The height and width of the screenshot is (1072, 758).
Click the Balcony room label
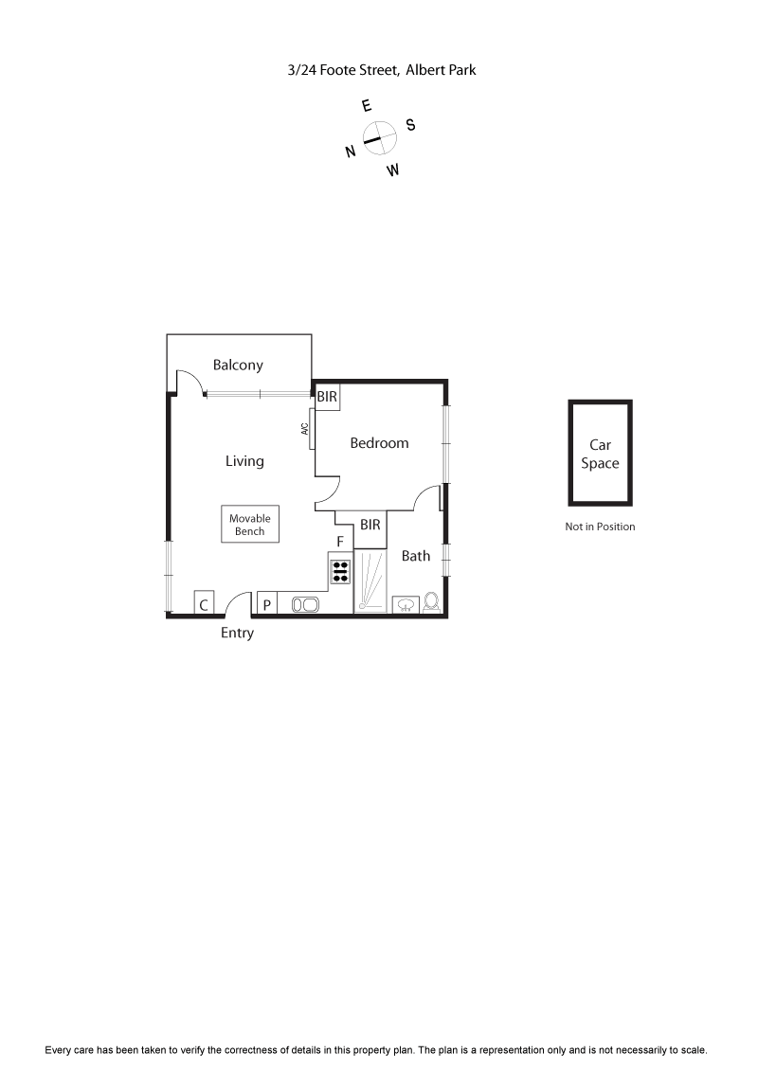pyautogui.click(x=238, y=365)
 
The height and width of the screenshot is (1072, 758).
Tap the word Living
pyautogui.click(x=244, y=461)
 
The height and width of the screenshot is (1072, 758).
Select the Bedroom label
pyautogui.click(x=379, y=442)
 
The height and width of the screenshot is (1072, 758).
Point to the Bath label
pyautogui.click(x=416, y=556)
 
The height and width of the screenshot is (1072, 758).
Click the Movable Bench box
pyautogui.click(x=250, y=525)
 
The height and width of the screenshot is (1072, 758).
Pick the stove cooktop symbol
pyautogui.click(x=340, y=571)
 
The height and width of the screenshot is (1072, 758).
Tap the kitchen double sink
pyautogui.click(x=305, y=604)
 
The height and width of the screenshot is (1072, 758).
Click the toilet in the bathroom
pyautogui.click(x=432, y=603)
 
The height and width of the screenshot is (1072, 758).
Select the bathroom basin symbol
pyautogui.click(x=406, y=604)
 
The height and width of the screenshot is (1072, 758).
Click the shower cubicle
pyautogui.click(x=370, y=581)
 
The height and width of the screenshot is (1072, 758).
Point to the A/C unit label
pyautogui.click(x=305, y=428)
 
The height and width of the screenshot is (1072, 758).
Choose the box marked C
pyautogui.click(x=204, y=604)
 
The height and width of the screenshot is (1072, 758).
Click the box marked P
pyautogui.click(x=267, y=604)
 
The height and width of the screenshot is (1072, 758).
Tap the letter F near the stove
pyautogui.click(x=339, y=542)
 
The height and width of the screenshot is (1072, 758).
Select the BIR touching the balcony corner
pyautogui.click(x=327, y=396)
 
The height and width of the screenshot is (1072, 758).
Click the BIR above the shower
pyautogui.click(x=370, y=525)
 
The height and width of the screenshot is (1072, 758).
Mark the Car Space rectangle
pyautogui.click(x=600, y=454)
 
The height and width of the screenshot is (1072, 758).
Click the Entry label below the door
pyautogui.click(x=237, y=633)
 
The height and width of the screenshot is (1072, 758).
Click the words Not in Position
pyautogui.click(x=600, y=527)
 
